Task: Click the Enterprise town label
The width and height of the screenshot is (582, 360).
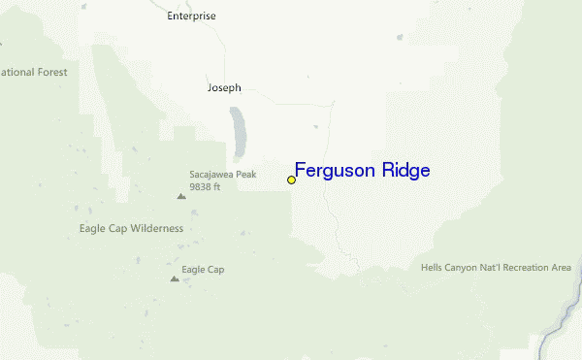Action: point(191,16)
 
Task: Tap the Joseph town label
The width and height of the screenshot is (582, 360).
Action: point(224,87)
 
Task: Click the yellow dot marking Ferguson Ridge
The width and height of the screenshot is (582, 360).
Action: point(291,180)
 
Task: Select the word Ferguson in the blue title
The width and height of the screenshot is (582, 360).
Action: point(337,172)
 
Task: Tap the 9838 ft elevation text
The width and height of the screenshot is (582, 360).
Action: point(206,186)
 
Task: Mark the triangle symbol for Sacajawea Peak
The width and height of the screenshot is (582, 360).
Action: point(180,196)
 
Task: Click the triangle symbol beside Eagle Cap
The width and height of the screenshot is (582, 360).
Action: point(175,278)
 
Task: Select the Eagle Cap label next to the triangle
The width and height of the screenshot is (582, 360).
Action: point(203,270)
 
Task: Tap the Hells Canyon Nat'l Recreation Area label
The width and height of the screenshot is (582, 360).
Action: point(496,268)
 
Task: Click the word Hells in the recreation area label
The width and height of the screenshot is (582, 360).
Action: point(432,268)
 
